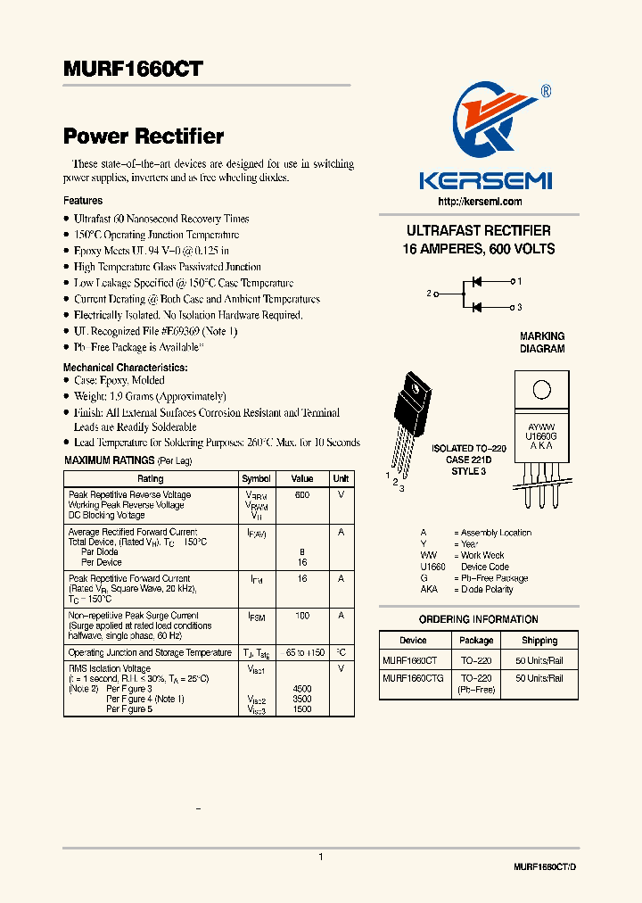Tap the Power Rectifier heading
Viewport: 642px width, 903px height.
point(144,137)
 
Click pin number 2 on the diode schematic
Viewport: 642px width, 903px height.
point(429,293)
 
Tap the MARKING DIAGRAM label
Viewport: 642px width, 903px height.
point(542,343)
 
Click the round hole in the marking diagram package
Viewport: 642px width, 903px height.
point(541,390)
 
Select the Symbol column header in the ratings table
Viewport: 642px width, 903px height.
point(257,479)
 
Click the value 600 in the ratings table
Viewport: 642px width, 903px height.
point(302,494)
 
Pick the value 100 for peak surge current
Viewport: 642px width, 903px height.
point(302,616)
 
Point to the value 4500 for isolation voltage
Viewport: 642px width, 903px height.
point(302,689)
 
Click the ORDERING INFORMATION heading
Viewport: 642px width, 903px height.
point(479,619)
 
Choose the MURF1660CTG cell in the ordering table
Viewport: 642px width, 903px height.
point(413,678)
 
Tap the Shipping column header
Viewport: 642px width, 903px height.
point(539,641)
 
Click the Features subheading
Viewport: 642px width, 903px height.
point(83,201)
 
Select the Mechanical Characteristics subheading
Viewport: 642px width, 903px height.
point(126,368)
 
